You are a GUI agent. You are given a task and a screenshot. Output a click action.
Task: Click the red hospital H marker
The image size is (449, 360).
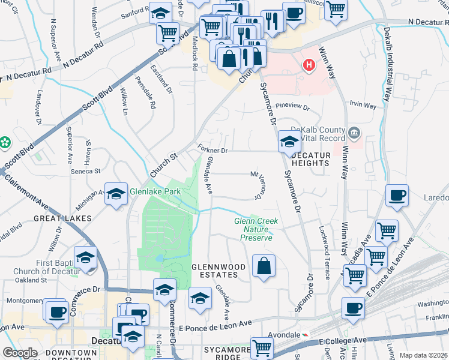309,64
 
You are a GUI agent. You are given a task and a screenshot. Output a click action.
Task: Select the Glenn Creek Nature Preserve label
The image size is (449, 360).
256,229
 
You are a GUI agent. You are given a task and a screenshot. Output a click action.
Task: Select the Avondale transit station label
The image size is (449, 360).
285,334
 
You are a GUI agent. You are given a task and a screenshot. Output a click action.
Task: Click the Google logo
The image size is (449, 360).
19,353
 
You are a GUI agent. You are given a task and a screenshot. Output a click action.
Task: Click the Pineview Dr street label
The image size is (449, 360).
292,107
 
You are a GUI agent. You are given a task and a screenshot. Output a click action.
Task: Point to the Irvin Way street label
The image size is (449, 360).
363,106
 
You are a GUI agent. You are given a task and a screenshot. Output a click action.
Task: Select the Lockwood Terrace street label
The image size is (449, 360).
326,252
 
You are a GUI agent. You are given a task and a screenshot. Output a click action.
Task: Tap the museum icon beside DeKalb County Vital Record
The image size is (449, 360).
354,131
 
